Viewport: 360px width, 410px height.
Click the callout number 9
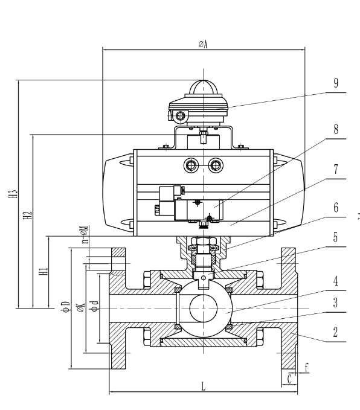click(x=336, y=83)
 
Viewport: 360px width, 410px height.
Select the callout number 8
click(x=336, y=129)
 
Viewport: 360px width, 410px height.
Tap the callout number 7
click(x=336, y=170)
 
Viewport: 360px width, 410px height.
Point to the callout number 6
click(x=336, y=208)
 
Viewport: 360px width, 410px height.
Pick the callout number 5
click(x=336, y=237)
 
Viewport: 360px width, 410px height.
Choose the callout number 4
click(x=336, y=281)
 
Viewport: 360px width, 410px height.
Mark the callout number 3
click(x=336, y=303)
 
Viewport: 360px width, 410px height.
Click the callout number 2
click(x=336, y=332)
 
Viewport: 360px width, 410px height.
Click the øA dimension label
click(x=203, y=44)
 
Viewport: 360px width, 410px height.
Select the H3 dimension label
click(x=13, y=194)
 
